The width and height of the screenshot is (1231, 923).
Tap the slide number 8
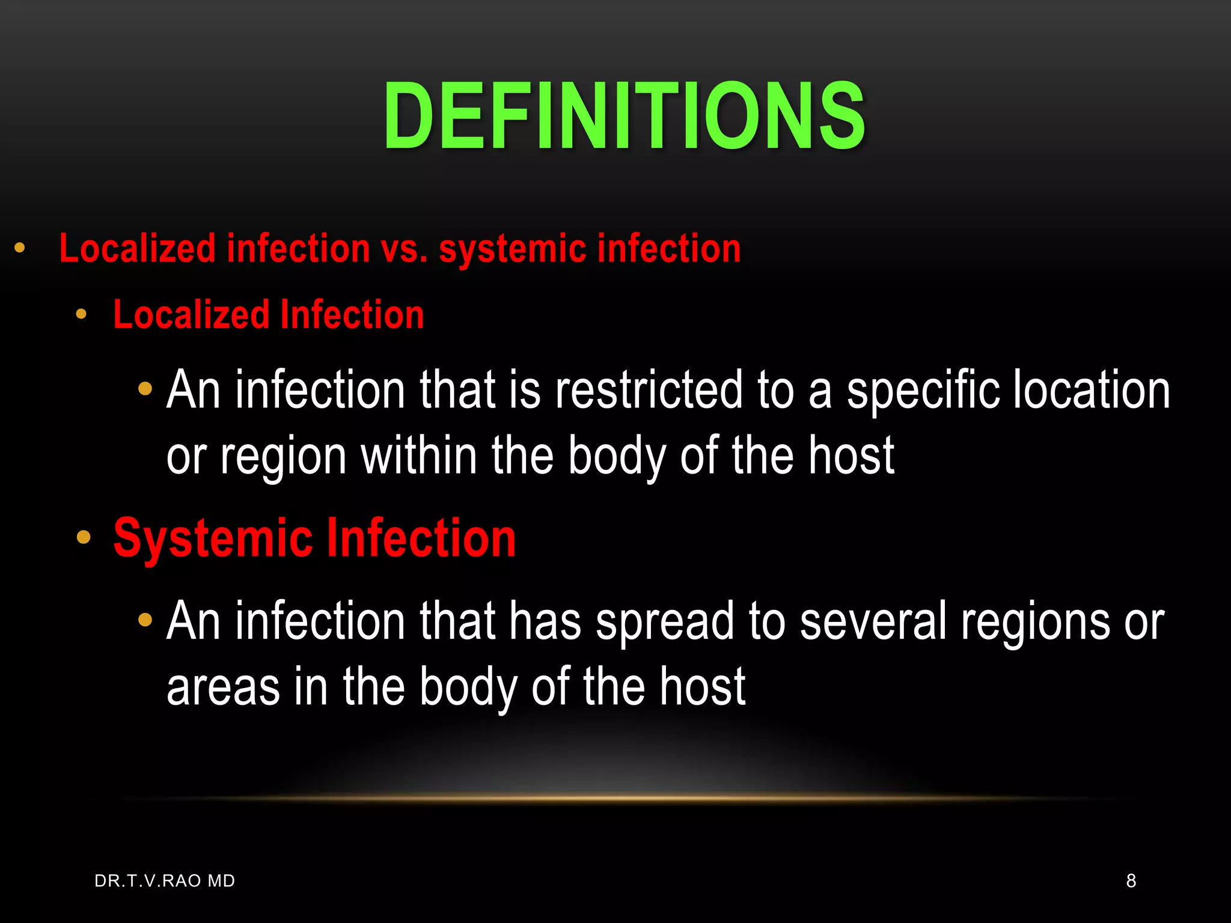[x=1131, y=881]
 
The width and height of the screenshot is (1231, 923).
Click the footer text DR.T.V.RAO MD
[x=165, y=881]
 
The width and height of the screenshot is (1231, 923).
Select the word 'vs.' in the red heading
[x=404, y=249]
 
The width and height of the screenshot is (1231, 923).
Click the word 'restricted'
[x=649, y=391]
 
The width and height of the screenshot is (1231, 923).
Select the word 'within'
[x=418, y=455]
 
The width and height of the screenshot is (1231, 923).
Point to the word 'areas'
[x=222, y=687]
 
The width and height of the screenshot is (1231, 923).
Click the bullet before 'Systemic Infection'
[x=84, y=537]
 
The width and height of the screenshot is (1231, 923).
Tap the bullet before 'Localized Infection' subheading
[x=81, y=314]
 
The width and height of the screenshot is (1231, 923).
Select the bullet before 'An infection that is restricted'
[x=145, y=389]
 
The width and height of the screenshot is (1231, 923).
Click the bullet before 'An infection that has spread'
[x=145, y=620]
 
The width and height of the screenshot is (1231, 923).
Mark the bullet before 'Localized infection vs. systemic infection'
[x=20, y=248]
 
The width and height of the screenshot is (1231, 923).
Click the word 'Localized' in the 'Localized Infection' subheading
[x=191, y=315]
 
